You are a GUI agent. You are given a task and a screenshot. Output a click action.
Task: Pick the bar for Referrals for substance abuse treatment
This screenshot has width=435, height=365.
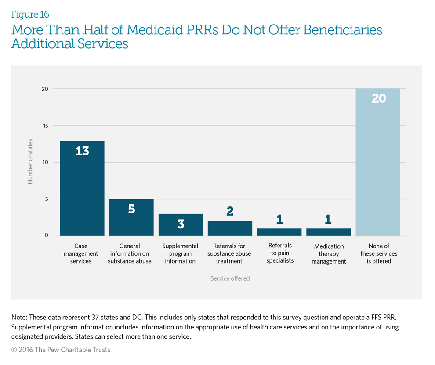[x=230, y=229]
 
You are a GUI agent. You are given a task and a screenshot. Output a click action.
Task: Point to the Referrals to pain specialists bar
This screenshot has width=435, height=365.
[x=279, y=232]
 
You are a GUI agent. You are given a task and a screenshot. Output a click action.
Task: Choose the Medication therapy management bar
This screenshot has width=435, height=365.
[x=328, y=232]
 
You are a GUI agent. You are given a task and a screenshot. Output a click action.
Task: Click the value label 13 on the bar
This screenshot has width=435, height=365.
[x=82, y=151]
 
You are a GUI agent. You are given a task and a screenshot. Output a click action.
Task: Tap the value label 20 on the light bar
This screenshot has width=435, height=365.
[x=378, y=98]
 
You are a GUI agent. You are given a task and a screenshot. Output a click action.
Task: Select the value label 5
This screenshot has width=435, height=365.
[x=131, y=209]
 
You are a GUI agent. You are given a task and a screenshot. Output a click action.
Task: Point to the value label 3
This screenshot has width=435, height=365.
[x=181, y=224]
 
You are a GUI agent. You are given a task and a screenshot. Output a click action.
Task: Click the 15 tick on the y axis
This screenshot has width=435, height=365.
[x=45, y=126]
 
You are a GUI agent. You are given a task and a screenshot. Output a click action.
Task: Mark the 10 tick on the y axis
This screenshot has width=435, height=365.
[x=45, y=163]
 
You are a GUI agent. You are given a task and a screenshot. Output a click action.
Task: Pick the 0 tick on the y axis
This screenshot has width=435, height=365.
[x=46, y=236]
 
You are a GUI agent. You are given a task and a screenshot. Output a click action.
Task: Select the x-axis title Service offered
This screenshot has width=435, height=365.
[x=230, y=278]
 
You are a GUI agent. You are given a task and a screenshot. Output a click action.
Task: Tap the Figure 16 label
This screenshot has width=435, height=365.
[x=30, y=14]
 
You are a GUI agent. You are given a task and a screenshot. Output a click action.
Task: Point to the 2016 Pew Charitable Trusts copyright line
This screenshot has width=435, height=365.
[x=61, y=350]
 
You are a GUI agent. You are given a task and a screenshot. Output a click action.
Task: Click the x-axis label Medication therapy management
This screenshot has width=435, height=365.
[x=329, y=254]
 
